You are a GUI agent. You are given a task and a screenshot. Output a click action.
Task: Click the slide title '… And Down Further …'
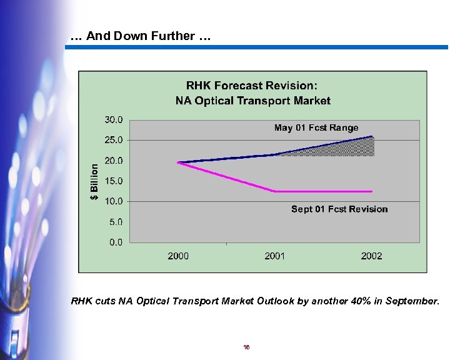[x=141, y=36]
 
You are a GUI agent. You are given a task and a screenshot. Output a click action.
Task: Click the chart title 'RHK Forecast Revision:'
[x=252, y=86]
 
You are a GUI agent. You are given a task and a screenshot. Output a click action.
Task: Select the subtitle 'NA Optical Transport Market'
[x=252, y=100]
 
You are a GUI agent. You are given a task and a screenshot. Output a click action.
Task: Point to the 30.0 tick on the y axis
[x=114, y=119]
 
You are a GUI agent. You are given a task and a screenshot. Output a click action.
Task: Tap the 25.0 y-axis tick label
[x=114, y=140]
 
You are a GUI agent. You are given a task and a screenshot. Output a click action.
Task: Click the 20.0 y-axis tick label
[x=114, y=161]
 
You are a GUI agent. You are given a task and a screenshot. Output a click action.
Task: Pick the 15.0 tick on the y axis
[x=114, y=181]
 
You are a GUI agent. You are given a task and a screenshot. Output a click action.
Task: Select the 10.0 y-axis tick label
[x=114, y=201]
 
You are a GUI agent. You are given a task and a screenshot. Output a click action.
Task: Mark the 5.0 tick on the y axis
[x=116, y=222]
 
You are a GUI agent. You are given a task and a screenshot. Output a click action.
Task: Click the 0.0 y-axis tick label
[x=116, y=242]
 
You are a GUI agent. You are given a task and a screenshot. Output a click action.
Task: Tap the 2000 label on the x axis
[x=178, y=256]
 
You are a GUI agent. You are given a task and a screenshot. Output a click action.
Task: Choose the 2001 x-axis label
[x=275, y=256]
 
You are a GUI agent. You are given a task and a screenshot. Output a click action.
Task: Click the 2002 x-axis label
[x=371, y=256]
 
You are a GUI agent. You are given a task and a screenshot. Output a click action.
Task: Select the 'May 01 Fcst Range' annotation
[x=316, y=128]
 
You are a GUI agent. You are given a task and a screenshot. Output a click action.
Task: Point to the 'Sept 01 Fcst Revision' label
[x=339, y=209]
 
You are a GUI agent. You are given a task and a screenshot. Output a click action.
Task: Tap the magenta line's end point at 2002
[x=372, y=191]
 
